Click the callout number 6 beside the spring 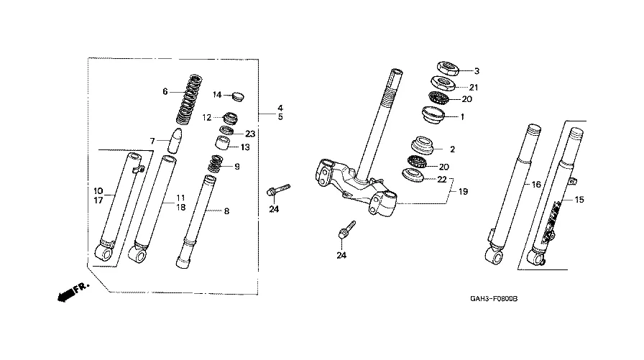tap(165, 91)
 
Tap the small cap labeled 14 tap(238, 97)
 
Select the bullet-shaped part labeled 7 tap(175, 140)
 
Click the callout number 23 tap(250, 134)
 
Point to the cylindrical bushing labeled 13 tap(222, 143)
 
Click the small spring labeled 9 tap(215, 164)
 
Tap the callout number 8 tap(226, 211)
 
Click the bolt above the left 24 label tap(278, 190)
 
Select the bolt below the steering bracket tap(346, 230)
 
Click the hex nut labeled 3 tap(447, 68)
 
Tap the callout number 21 tap(474, 88)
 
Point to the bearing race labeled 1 tap(433, 114)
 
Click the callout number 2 tap(452, 149)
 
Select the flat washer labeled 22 tap(413, 175)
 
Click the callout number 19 tap(463, 191)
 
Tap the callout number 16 tap(536, 185)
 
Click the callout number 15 tap(579, 200)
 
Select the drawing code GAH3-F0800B tap(494, 299)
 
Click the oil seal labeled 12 tap(230, 119)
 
